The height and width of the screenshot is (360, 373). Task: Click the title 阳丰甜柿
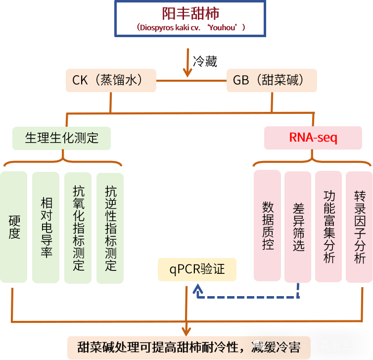tap(190, 12)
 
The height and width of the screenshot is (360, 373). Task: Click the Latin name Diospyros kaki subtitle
tap(190, 27)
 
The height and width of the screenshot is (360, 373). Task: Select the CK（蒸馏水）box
tap(111, 80)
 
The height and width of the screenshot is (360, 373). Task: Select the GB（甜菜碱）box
tap(271, 80)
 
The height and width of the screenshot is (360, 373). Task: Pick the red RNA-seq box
tap(313, 138)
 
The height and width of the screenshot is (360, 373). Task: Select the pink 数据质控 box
tap(268, 225)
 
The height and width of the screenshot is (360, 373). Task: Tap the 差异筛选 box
tap(298, 225)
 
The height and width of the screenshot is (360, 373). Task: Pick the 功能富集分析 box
tap(328, 225)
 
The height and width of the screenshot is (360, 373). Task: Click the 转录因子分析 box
tap(359, 225)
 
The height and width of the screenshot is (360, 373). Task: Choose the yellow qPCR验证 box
tap(197, 269)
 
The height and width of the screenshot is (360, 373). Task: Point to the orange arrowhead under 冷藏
tap(187, 72)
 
